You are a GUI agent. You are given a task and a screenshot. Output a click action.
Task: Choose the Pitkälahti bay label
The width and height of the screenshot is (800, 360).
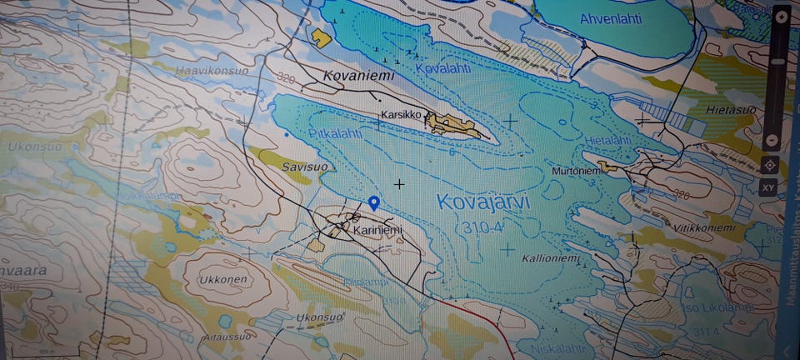(x=333, y=132)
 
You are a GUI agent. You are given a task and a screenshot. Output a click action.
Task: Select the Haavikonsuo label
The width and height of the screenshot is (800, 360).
(x=212, y=71)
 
